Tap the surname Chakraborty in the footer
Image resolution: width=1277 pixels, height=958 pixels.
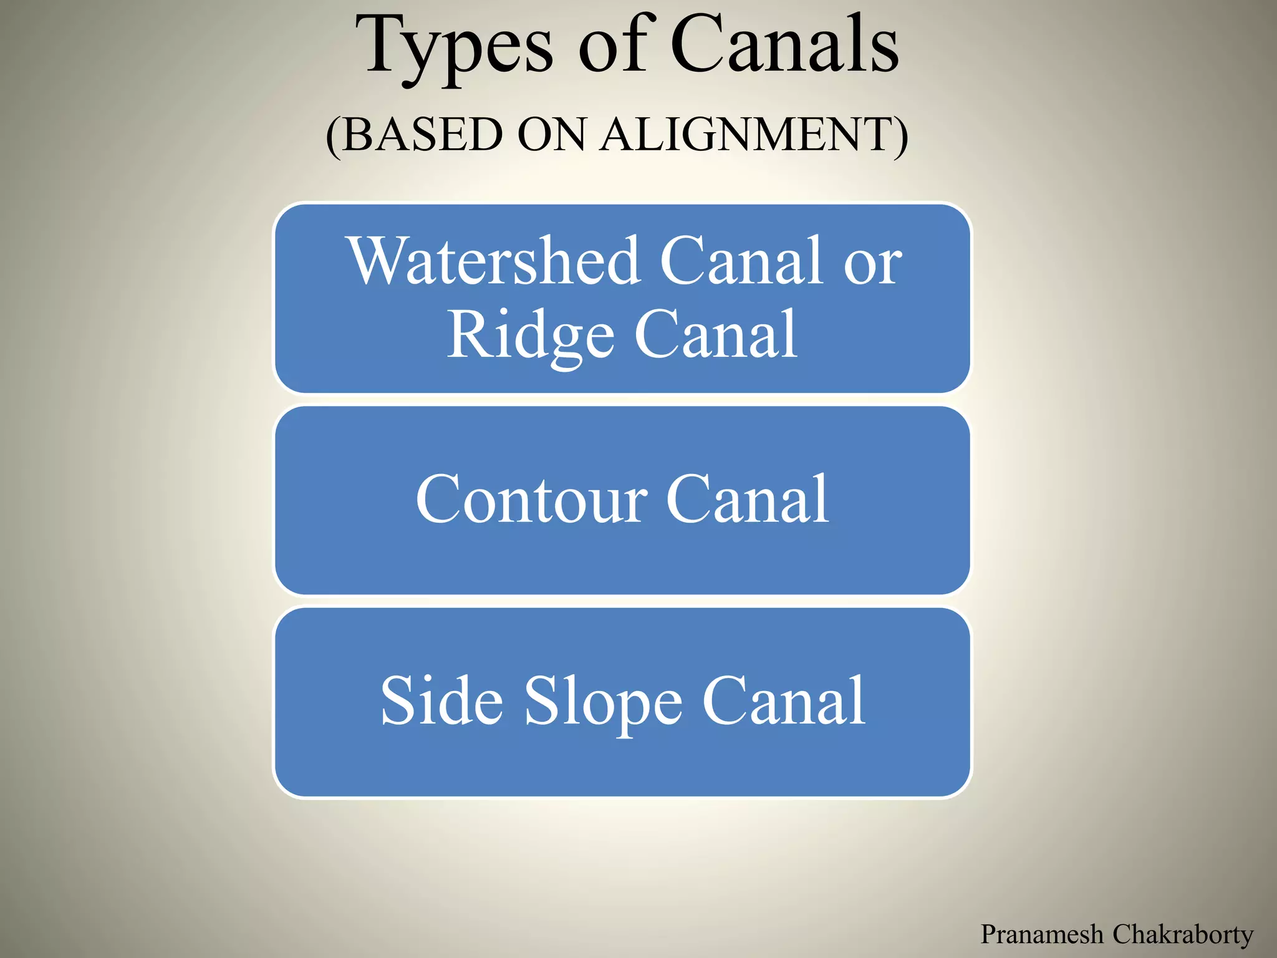[1183, 934]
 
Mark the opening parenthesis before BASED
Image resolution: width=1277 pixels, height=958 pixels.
[334, 136]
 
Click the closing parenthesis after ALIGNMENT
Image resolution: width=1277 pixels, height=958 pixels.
[901, 136]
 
